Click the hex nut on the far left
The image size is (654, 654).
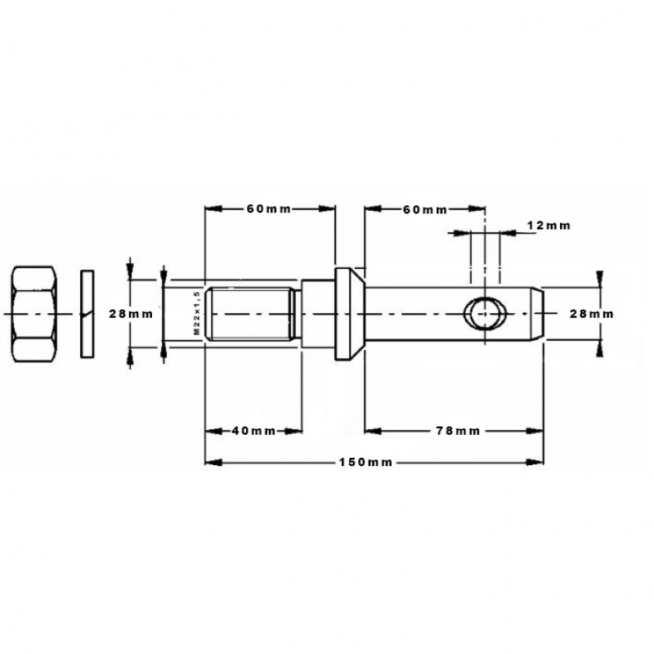click(34, 314)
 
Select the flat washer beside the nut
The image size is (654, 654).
click(87, 314)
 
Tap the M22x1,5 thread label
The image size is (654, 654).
click(197, 313)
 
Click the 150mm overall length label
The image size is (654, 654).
click(365, 462)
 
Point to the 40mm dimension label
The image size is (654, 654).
click(253, 431)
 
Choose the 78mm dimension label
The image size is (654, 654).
click(458, 431)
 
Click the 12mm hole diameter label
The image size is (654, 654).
click(549, 226)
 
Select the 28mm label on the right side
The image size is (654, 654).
click(592, 314)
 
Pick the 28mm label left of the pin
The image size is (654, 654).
click(131, 314)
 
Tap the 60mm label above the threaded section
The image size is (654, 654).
click(269, 208)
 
